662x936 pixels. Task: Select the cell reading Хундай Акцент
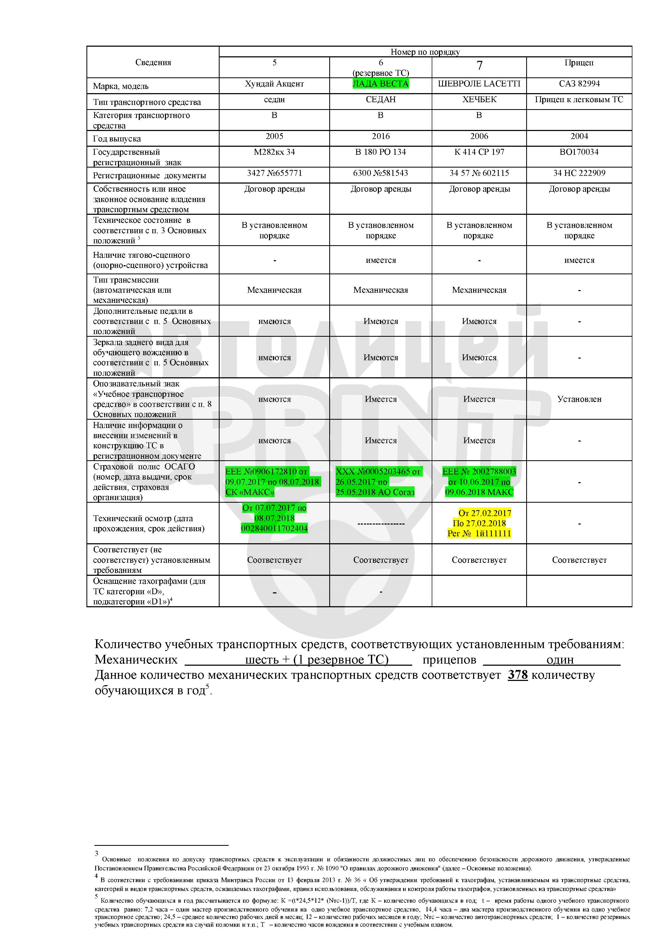274,84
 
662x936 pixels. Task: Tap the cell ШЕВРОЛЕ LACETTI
479,84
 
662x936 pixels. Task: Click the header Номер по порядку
425,52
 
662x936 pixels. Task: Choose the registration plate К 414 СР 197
479,152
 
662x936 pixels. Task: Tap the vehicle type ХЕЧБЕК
479,100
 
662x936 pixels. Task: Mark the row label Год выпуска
117,138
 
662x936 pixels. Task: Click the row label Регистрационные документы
149,176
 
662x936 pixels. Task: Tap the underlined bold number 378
518,675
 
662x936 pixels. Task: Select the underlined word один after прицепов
560,660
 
